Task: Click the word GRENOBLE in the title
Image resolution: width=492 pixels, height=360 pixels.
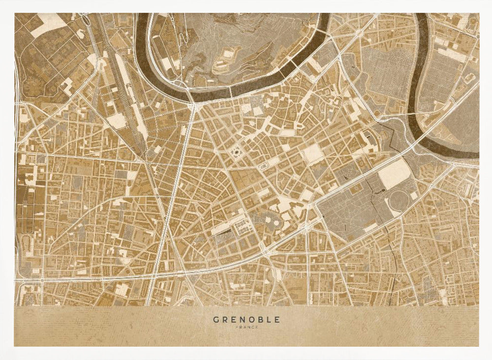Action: point(246,319)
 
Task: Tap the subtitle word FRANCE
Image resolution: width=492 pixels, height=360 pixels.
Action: point(246,327)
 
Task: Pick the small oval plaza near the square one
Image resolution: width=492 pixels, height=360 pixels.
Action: point(264,166)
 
